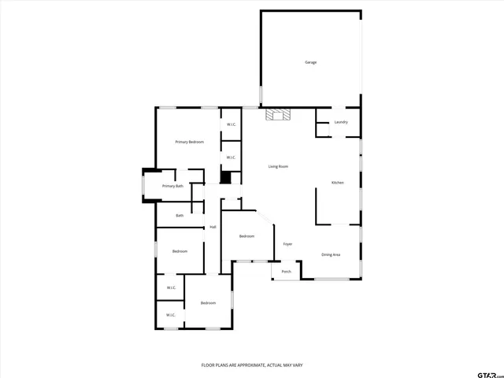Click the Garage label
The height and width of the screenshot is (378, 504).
pyautogui.click(x=311, y=62)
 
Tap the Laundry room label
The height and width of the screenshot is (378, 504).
pyautogui.click(x=341, y=122)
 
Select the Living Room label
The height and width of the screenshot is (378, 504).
pyautogui.click(x=278, y=166)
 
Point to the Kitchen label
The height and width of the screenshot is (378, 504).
pyautogui.click(x=337, y=183)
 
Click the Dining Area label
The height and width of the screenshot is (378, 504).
pyautogui.click(x=331, y=254)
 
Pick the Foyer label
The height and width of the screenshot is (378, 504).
pyautogui.click(x=287, y=244)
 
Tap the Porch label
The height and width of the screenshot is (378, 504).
pyautogui.click(x=287, y=272)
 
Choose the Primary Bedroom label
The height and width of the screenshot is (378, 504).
pyautogui.click(x=190, y=142)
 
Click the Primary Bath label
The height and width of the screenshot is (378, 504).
pyautogui.click(x=172, y=186)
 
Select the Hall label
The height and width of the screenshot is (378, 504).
pyautogui.click(x=213, y=228)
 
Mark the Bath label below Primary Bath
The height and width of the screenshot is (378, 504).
pyautogui.click(x=180, y=215)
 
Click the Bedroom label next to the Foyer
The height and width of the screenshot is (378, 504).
pyautogui.click(x=246, y=236)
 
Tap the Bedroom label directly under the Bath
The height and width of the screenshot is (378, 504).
pyautogui.click(x=180, y=251)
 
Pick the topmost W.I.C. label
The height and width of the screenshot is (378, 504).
pyautogui.click(x=232, y=124)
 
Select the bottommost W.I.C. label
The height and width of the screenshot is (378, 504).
pyautogui.click(x=170, y=316)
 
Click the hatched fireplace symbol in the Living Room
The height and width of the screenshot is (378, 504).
pyautogui.click(x=277, y=115)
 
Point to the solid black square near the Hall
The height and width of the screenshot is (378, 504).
pyautogui.click(x=225, y=177)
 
